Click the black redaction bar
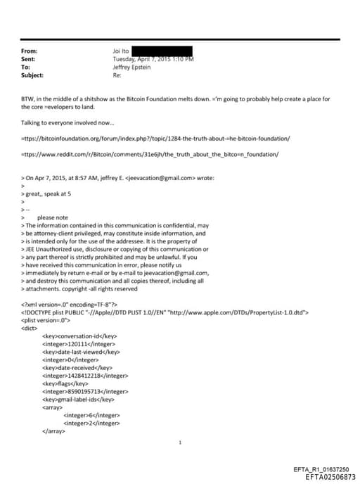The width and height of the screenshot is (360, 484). (162, 51)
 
